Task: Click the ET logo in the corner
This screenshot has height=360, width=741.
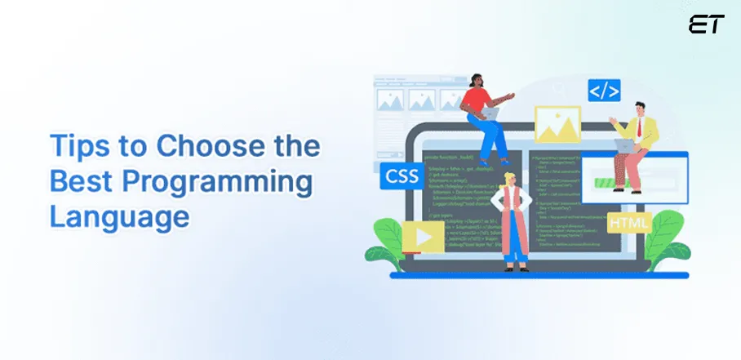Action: [x=706, y=24]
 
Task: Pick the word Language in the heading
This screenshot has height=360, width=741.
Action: [x=119, y=218]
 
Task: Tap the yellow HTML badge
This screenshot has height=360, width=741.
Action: [x=629, y=223]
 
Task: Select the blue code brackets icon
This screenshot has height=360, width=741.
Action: [x=604, y=90]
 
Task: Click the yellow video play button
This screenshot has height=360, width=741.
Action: [x=422, y=237]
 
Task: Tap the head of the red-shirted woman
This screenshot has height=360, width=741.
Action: [x=477, y=80]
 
